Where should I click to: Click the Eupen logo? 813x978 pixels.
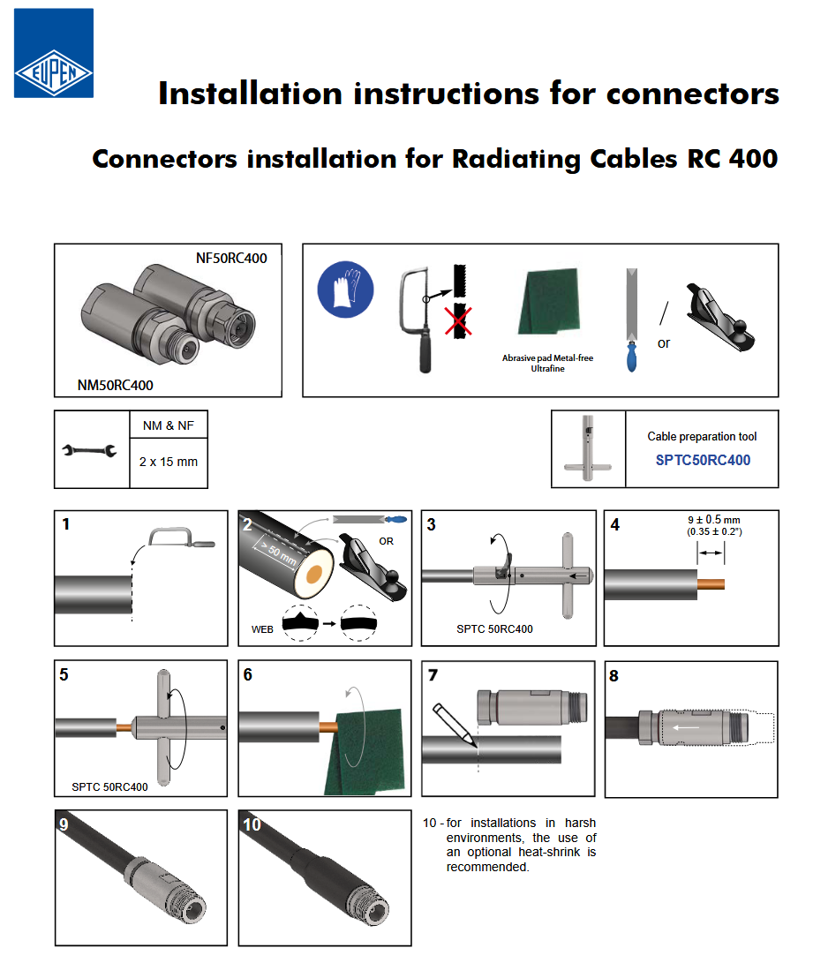(53, 53)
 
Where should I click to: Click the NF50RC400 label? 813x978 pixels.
(231, 259)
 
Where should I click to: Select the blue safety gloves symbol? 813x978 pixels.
(345, 289)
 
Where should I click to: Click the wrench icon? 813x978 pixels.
(89, 451)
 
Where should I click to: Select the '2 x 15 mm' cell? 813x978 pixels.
(169, 461)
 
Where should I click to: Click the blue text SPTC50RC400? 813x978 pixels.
(703, 460)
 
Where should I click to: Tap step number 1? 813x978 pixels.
(66, 524)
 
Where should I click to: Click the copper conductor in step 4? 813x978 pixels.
(711, 584)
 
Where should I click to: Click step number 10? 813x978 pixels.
(252, 824)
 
